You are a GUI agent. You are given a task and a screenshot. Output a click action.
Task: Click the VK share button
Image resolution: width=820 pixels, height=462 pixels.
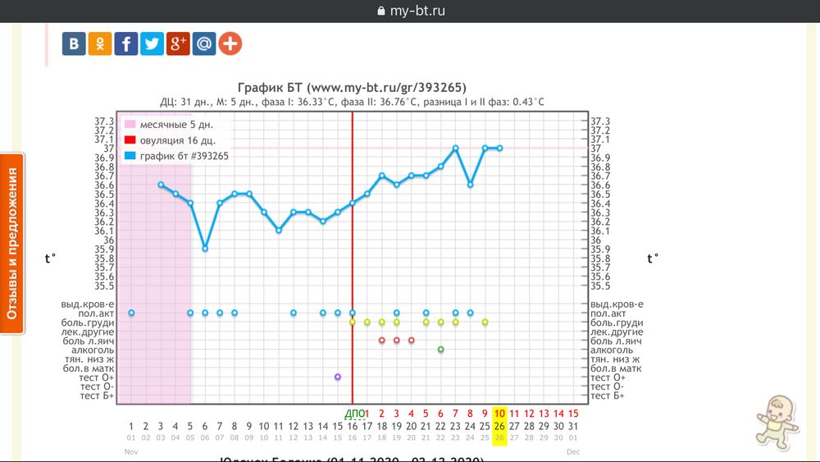(75, 43)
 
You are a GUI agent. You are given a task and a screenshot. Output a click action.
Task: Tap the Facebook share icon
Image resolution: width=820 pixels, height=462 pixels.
(126, 43)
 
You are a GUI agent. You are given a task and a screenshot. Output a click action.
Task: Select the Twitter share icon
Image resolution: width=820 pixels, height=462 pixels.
(153, 43)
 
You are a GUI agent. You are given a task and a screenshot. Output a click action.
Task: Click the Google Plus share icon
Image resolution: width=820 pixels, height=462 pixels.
(178, 43)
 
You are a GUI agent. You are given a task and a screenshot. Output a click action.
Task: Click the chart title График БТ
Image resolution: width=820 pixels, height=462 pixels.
(353, 88)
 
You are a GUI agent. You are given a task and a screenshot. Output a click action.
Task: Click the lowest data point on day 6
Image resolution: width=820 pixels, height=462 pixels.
(205, 248)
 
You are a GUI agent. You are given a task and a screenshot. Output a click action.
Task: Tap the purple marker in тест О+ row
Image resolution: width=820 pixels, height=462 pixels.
(338, 377)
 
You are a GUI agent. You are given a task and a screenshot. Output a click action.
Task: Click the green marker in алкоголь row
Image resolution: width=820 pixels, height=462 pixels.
(441, 350)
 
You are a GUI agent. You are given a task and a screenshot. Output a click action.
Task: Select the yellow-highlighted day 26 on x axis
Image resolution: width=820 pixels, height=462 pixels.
(499, 426)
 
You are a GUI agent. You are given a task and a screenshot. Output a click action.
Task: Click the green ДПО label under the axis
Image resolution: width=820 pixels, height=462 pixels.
(353, 414)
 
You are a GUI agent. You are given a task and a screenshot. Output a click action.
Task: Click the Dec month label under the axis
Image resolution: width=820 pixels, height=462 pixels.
(572, 452)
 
